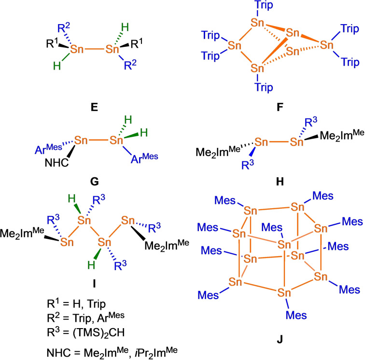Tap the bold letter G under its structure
point(95,182)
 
